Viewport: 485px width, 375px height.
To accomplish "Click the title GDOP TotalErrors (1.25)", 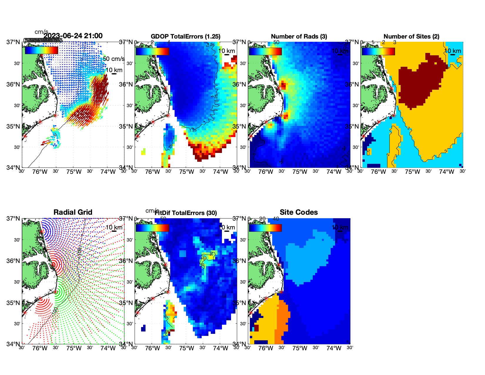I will tap(185, 36).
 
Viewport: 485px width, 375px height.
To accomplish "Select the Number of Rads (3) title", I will tap(299, 36).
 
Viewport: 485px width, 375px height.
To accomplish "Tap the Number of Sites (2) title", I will tap(411, 36).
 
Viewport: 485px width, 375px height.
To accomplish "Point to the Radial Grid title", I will tap(73, 212).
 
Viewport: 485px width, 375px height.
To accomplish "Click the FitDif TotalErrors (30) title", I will tap(186, 213).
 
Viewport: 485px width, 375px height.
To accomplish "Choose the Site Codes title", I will tap(299, 212).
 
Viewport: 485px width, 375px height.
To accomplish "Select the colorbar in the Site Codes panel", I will tap(265, 228).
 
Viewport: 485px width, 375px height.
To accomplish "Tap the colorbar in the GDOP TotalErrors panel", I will tap(152, 51).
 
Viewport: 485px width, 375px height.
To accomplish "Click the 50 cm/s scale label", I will tap(113, 59).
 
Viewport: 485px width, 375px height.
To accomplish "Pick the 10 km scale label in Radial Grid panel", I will tap(114, 227).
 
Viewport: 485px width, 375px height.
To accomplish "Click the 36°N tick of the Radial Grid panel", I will tap(14, 261).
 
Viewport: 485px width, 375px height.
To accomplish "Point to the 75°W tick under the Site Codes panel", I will tap(300, 348).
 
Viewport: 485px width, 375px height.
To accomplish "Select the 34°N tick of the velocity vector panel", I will tap(14, 168).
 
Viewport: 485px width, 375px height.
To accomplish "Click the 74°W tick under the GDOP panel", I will tap(220, 172).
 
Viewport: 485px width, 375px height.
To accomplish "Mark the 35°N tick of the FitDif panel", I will tap(127, 303).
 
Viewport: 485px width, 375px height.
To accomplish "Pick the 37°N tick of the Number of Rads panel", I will tap(240, 42).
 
